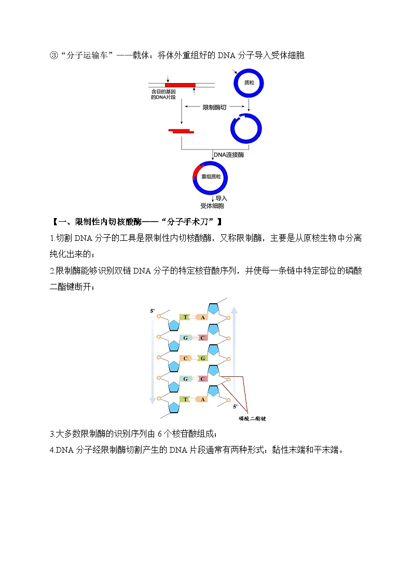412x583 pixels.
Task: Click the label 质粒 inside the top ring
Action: click(x=249, y=83)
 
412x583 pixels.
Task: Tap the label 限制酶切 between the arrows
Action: click(x=214, y=107)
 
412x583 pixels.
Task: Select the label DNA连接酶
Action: click(x=229, y=155)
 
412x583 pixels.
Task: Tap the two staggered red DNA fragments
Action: click(x=181, y=131)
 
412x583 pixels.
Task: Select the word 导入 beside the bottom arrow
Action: click(x=222, y=198)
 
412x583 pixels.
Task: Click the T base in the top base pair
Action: click(x=185, y=317)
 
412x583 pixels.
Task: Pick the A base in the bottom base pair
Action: click(x=203, y=399)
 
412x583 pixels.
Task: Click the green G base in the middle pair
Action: click(x=203, y=358)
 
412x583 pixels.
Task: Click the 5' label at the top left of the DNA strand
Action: click(x=152, y=311)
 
